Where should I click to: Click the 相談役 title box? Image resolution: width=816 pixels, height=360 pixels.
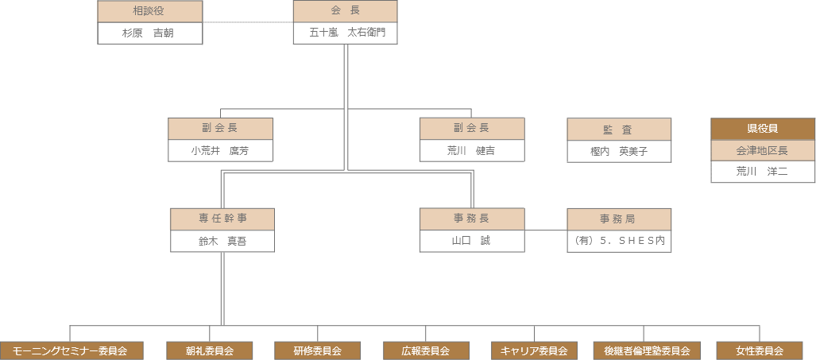pos(149,12)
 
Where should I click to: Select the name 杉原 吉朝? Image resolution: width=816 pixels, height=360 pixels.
pos(149,33)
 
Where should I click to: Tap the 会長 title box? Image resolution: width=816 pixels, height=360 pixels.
pos(345,12)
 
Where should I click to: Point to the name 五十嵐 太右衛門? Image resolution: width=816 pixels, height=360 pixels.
pos(345,33)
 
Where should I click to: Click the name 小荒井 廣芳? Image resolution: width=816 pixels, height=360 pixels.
pos(220,151)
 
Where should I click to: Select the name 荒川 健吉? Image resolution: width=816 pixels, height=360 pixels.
pos(472,151)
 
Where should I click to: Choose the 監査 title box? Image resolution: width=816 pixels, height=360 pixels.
pos(619,130)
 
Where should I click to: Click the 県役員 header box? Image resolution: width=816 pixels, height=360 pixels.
pos(763,129)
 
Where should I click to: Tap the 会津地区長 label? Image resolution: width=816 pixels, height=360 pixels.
pos(763,150)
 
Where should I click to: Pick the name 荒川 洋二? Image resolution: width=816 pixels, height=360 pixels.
pos(763,172)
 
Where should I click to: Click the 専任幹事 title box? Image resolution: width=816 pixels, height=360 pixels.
pos(222,219)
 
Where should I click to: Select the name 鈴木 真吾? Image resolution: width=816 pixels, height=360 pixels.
pos(222,242)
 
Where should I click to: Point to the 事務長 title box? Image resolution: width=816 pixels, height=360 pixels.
pos(472,219)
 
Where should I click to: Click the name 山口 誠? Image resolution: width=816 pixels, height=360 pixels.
pos(472,241)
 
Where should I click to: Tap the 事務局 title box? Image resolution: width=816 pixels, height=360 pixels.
pos(619,219)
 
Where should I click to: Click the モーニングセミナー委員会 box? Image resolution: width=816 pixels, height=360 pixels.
pos(72,350)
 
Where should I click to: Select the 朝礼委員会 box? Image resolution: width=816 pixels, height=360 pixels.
pos(210,350)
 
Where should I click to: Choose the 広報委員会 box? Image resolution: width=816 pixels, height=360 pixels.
pos(426,350)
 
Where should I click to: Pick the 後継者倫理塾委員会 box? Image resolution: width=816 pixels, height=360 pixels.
pos(642,350)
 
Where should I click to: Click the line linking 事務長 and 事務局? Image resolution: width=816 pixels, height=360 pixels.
pos(546,230)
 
